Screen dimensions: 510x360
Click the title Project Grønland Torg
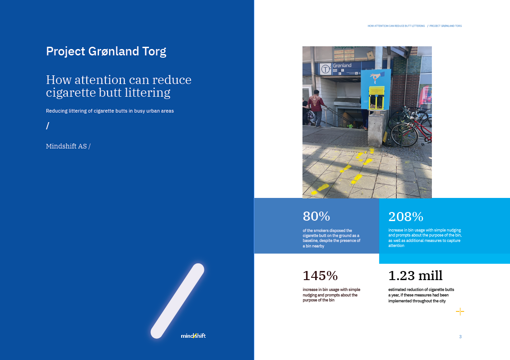coord(106,52)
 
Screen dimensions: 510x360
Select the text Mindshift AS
coord(66,146)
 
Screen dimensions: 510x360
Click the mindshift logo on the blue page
coord(193,335)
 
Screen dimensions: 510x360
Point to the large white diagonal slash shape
coord(178,301)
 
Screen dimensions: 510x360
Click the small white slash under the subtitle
coord(48,126)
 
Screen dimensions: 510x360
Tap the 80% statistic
coord(316,216)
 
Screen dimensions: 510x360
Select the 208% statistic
coord(406,217)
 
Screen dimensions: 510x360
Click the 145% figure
coord(320,276)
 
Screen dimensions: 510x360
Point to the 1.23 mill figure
coord(416,276)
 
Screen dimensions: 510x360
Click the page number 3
coord(460,336)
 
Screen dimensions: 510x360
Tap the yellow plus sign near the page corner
coord(460,312)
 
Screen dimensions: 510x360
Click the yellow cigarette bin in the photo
coord(376,98)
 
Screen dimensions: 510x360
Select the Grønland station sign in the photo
coord(340,69)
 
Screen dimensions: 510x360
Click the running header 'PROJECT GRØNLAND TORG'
coord(446,26)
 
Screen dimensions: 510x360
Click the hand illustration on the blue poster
coord(376,77)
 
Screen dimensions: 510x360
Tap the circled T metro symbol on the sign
coord(325,69)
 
